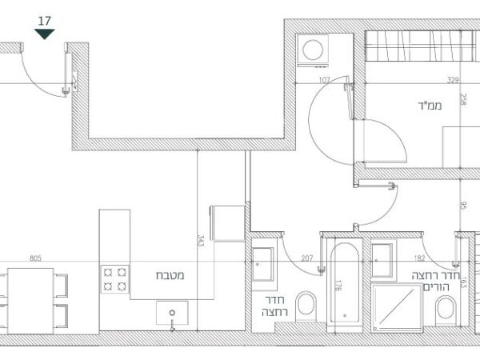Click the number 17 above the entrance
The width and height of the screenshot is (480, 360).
44,21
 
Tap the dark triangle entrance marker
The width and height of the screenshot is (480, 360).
44,34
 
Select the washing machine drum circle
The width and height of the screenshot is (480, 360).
313,50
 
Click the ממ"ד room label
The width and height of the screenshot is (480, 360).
430,106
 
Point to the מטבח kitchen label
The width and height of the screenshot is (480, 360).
170,275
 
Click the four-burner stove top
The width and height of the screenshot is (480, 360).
114,279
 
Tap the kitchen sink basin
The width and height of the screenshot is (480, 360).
172,313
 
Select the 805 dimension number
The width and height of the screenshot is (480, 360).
35,258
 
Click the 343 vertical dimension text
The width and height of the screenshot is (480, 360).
201,241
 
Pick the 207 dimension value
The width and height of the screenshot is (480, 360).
307,258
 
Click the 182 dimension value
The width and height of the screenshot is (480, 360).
419,258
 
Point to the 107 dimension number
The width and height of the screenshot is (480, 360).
325,80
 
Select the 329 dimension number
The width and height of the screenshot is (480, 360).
453,80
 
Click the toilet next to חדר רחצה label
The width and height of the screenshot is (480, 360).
306,306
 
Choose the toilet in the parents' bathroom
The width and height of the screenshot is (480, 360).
446,309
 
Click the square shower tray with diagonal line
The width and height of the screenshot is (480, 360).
397,308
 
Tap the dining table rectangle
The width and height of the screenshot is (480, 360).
30,301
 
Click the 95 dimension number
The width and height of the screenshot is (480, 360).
463,205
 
